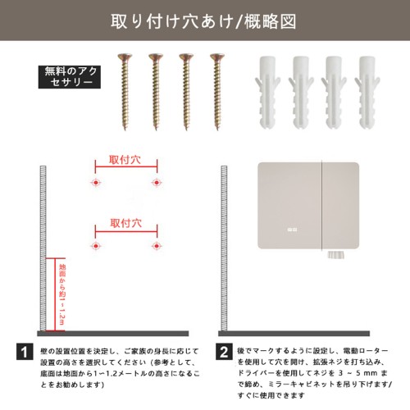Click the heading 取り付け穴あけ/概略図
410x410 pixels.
(203, 21)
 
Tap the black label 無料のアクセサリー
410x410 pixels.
(70, 77)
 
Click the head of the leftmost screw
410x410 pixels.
(125, 57)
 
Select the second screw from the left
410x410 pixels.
(156, 92)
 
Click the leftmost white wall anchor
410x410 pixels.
(267, 93)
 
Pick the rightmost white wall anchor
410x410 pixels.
(367, 93)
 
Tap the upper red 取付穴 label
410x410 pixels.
(125, 160)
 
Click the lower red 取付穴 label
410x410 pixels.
(126, 223)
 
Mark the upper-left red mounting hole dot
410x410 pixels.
(96, 182)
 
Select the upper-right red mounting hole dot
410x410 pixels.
(157, 182)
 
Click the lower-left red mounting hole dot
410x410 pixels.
(96, 246)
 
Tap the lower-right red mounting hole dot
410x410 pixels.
(157, 246)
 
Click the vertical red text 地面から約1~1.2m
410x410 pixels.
(62, 294)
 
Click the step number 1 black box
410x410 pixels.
(25, 352)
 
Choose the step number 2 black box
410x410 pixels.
(224, 352)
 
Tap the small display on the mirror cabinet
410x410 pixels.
(292, 230)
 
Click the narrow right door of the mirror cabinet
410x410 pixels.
(340, 206)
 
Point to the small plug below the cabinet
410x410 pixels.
(335, 255)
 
